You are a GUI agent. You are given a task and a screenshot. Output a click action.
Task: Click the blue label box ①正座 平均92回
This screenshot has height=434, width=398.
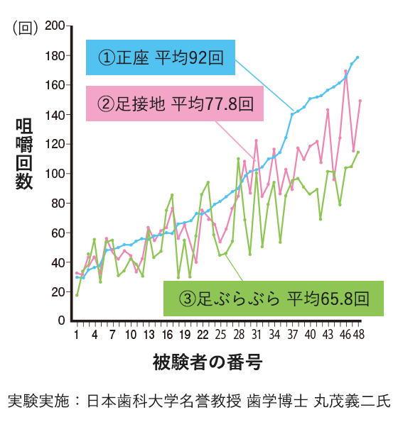[161, 58]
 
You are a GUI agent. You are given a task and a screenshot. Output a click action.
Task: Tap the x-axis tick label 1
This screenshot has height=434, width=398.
[76, 334]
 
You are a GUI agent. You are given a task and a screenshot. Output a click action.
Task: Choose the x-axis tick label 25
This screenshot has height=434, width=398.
[220, 334]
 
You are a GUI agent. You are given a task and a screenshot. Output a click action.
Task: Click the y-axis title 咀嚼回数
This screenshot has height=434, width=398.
[24, 154]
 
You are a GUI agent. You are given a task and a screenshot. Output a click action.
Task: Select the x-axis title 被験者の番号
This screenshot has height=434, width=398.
[208, 364]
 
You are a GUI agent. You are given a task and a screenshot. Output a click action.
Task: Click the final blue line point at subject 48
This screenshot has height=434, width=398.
[357, 57]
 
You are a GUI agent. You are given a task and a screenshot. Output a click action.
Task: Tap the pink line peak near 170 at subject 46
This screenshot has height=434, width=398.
[346, 72]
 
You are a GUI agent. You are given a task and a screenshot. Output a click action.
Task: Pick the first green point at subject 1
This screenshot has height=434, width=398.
[77, 294]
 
